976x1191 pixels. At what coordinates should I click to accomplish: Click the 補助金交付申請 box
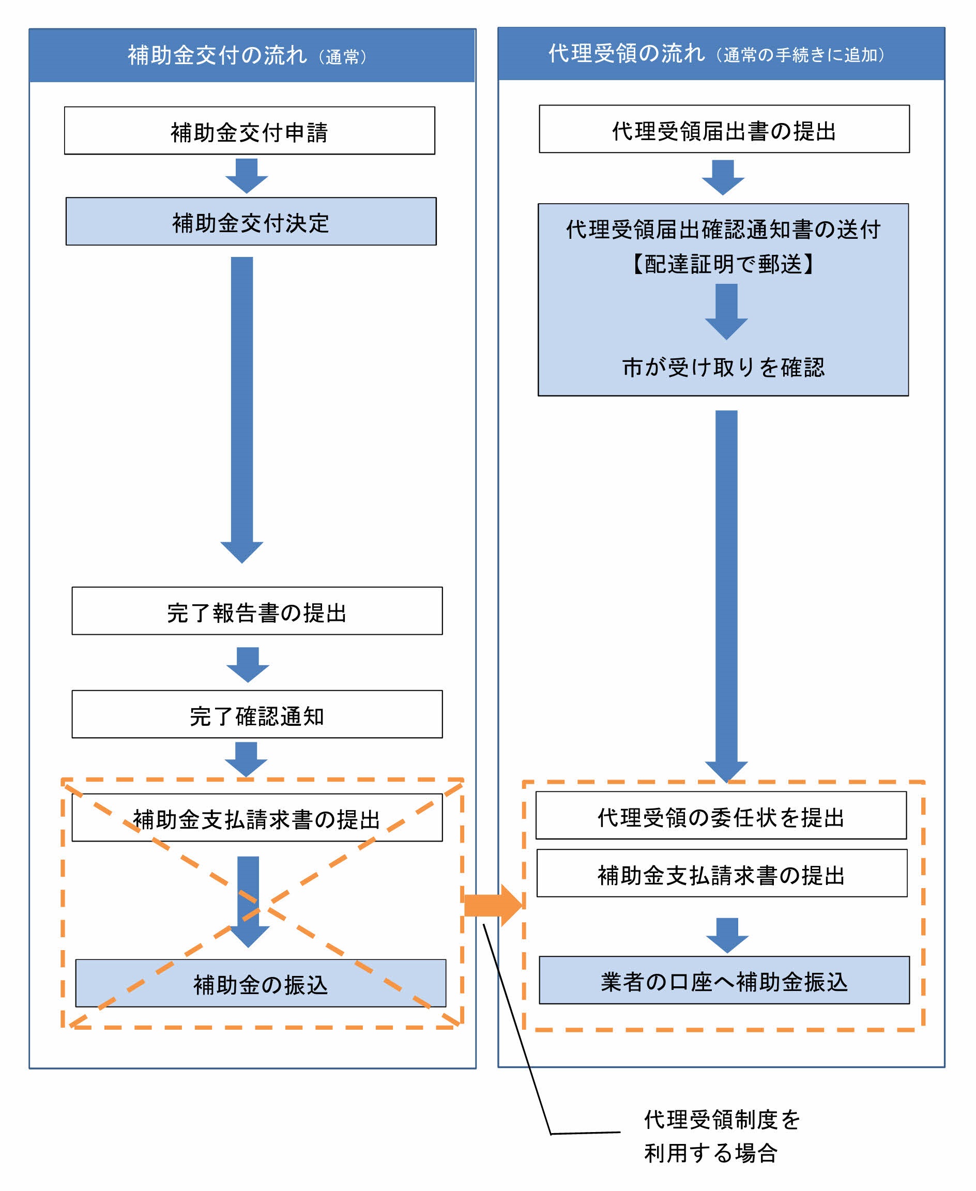pos(249,130)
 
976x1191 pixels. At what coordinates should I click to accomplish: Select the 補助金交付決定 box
pos(251,221)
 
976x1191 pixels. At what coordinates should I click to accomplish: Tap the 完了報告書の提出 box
pos(257,610)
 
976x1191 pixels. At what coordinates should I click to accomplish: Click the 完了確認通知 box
pos(257,714)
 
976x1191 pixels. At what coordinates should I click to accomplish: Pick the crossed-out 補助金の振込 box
pos(261,983)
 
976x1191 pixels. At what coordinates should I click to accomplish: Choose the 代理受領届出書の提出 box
pos(724,129)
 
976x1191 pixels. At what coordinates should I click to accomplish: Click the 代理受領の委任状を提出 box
pos(721,815)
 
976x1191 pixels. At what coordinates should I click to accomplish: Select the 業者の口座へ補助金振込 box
pos(724,980)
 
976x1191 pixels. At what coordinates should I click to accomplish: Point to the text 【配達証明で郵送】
pos(723,264)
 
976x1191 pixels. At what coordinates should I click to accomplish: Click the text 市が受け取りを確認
pos(723,367)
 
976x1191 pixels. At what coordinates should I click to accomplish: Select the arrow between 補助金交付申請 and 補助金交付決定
pos(246,175)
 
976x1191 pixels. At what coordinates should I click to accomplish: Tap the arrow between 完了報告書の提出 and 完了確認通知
pos(248,664)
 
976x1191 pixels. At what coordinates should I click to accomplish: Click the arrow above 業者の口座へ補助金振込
pos(727,935)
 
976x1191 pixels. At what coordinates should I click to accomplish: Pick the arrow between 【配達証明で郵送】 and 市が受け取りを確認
pos(726,311)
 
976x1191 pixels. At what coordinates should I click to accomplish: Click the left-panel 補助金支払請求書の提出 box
pos(257,817)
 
